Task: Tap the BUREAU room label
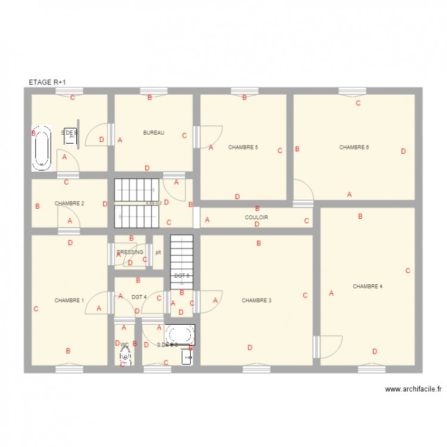point(154,133)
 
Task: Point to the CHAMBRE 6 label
point(354,147)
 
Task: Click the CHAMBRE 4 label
point(367,286)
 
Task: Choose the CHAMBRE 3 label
point(256,300)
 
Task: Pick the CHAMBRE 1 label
point(69,300)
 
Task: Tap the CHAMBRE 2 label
point(69,203)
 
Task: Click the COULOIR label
point(256,218)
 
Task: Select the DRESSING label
point(130,252)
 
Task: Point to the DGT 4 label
point(139,297)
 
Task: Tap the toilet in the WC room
point(125,355)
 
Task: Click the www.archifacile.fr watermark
point(413,389)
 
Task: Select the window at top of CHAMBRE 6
point(353,91)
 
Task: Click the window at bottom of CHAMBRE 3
point(257,369)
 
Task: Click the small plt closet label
point(158,252)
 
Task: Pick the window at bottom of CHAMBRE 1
point(69,369)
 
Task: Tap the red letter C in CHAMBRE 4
point(408,271)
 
